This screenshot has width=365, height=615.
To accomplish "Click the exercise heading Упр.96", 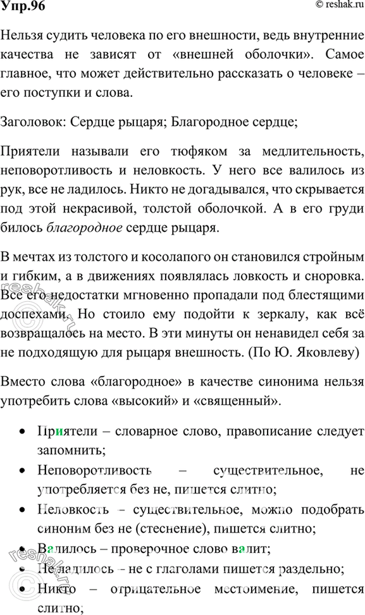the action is tap(21, 9).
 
